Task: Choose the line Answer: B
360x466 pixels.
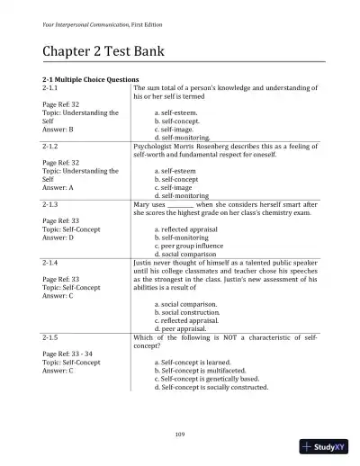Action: (62, 128)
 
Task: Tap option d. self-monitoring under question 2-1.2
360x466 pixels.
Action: (184, 195)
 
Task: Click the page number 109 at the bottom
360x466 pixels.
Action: (180, 435)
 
